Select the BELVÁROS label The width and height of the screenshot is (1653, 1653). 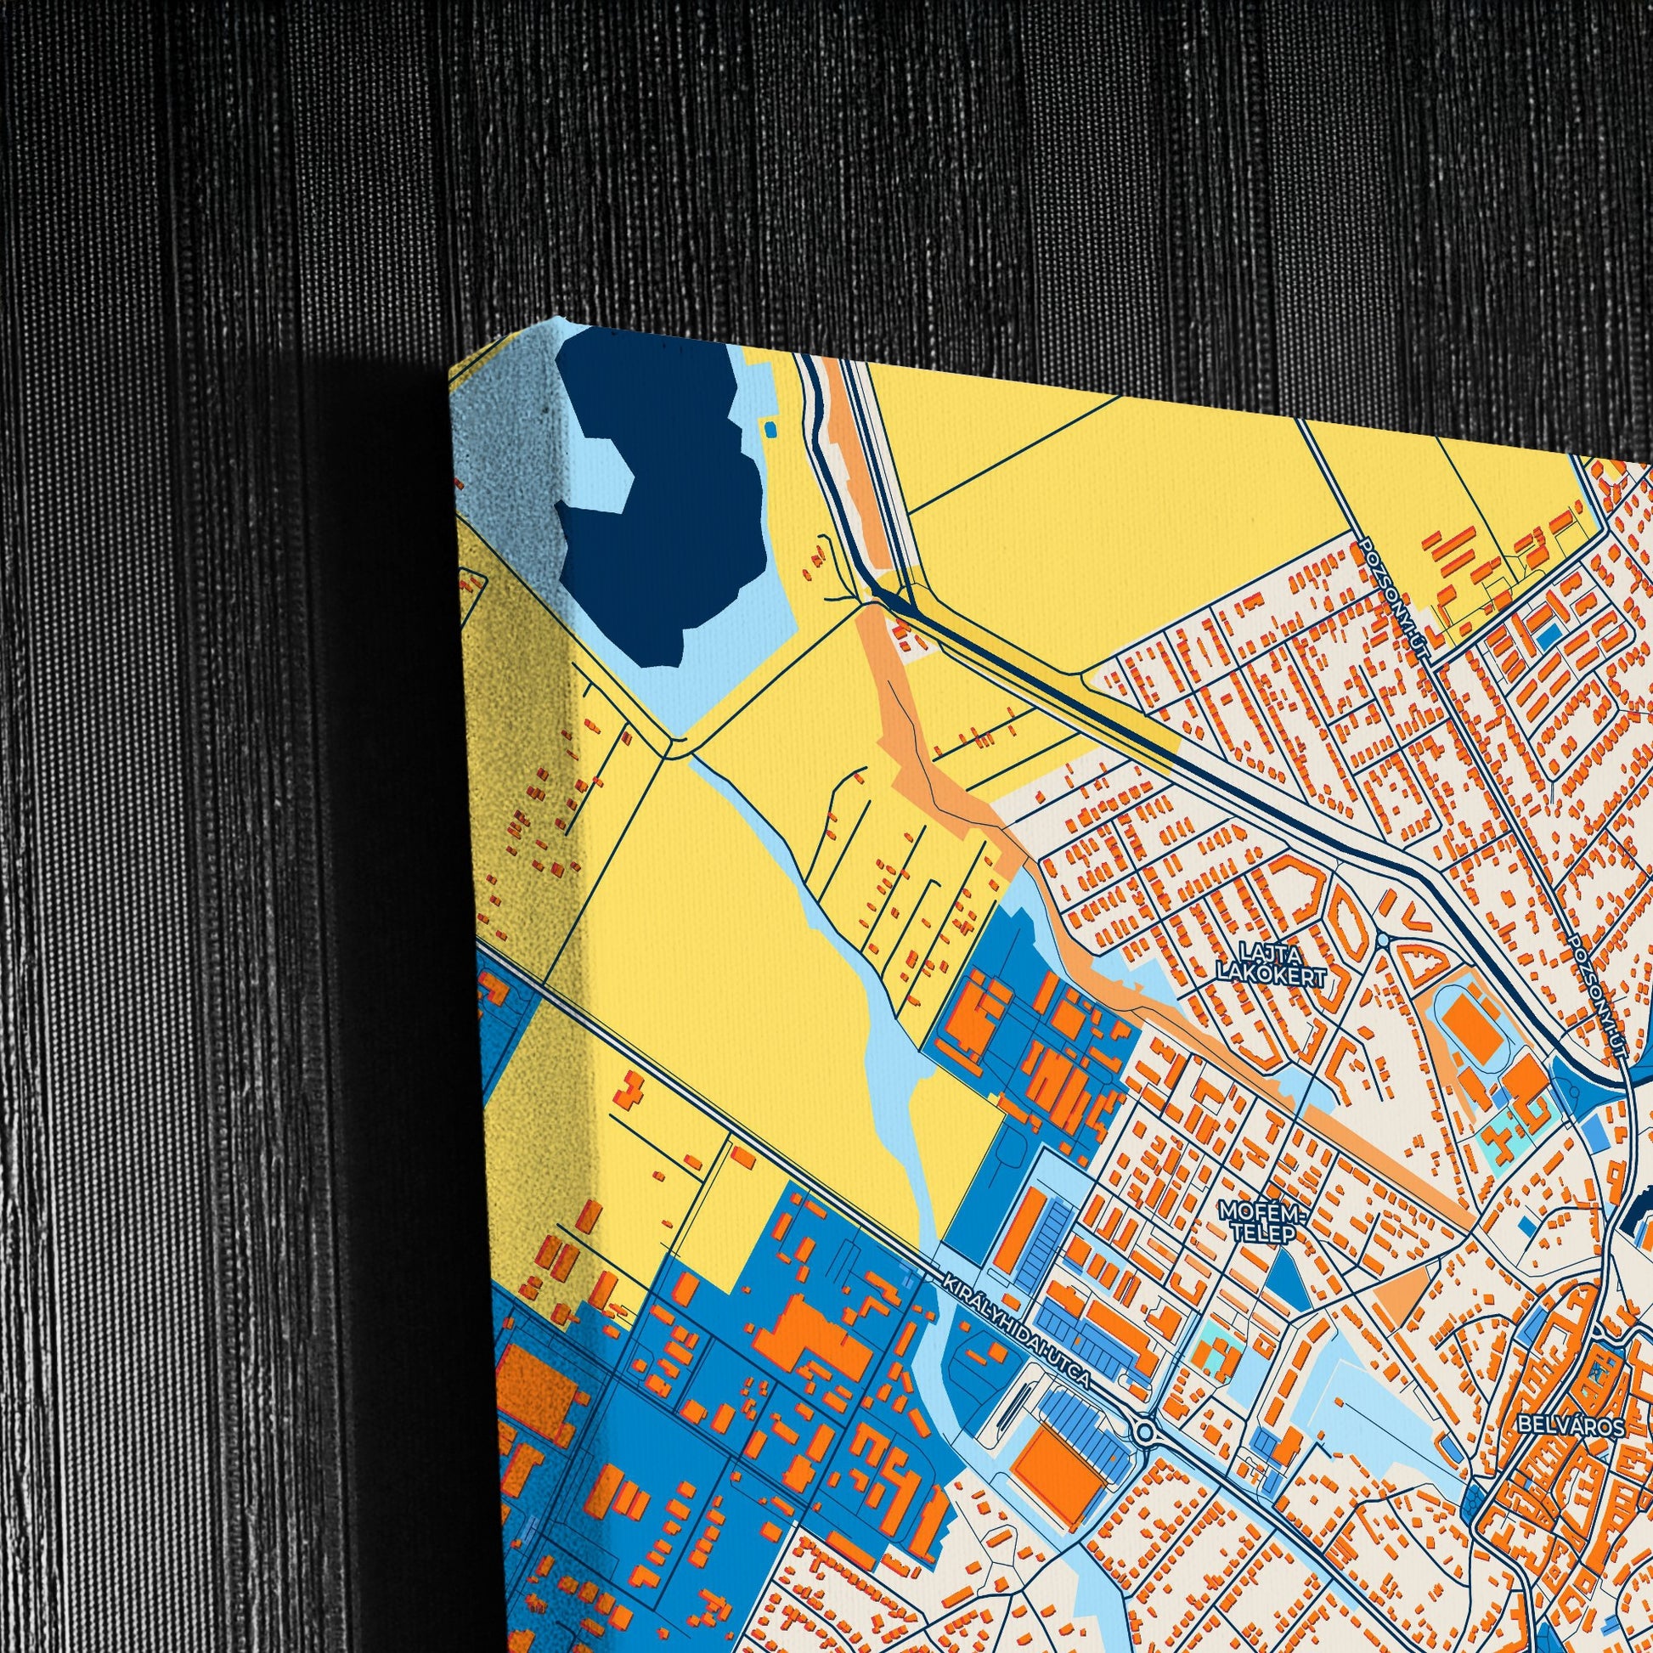[1558, 1426]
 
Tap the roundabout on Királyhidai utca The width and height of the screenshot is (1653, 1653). [1145, 1430]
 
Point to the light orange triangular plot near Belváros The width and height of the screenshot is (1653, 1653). [1405, 1303]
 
